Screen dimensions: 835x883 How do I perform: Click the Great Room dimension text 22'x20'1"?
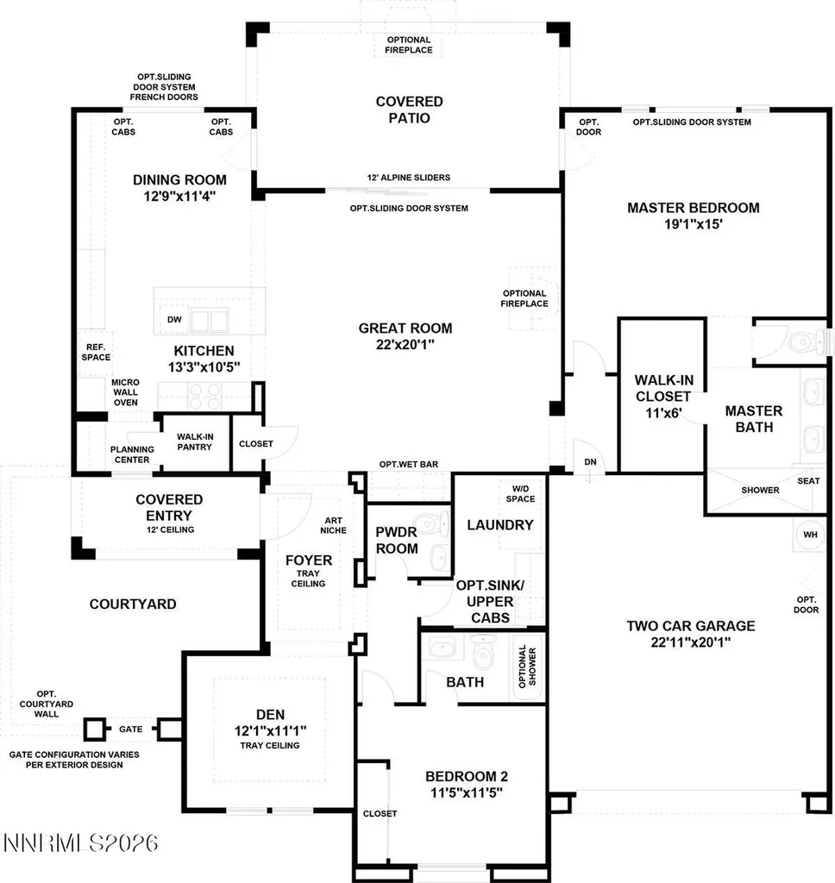click(x=405, y=344)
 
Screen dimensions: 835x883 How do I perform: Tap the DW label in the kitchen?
click(x=174, y=319)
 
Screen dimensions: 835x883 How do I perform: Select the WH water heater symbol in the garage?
click(x=810, y=535)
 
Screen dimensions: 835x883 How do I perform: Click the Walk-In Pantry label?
click(x=195, y=441)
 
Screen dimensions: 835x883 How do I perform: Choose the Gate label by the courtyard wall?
click(x=131, y=730)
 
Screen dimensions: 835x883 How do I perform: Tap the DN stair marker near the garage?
click(x=590, y=462)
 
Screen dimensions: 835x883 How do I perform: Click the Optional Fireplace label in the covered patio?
click(x=409, y=45)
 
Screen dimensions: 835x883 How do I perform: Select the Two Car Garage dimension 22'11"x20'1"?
click(x=691, y=642)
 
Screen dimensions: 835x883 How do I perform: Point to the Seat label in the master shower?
click(x=808, y=481)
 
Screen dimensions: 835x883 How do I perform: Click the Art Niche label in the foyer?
click(x=334, y=525)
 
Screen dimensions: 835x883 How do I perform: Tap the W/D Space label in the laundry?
click(x=521, y=494)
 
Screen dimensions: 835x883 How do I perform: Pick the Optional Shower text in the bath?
click(x=527, y=667)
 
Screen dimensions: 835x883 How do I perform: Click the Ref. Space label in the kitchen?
click(x=96, y=353)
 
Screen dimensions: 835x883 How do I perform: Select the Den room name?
click(x=271, y=715)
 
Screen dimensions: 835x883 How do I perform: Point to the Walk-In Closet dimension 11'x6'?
click(x=663, y=413)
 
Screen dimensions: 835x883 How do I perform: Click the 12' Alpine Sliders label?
click(x=409, y=178)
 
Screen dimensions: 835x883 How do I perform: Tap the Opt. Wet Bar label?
click(x=409, y=464)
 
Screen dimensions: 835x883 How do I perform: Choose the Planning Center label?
click(x=132, y=454)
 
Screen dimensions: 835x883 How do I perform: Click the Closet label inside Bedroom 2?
click(x=380, y=814)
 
